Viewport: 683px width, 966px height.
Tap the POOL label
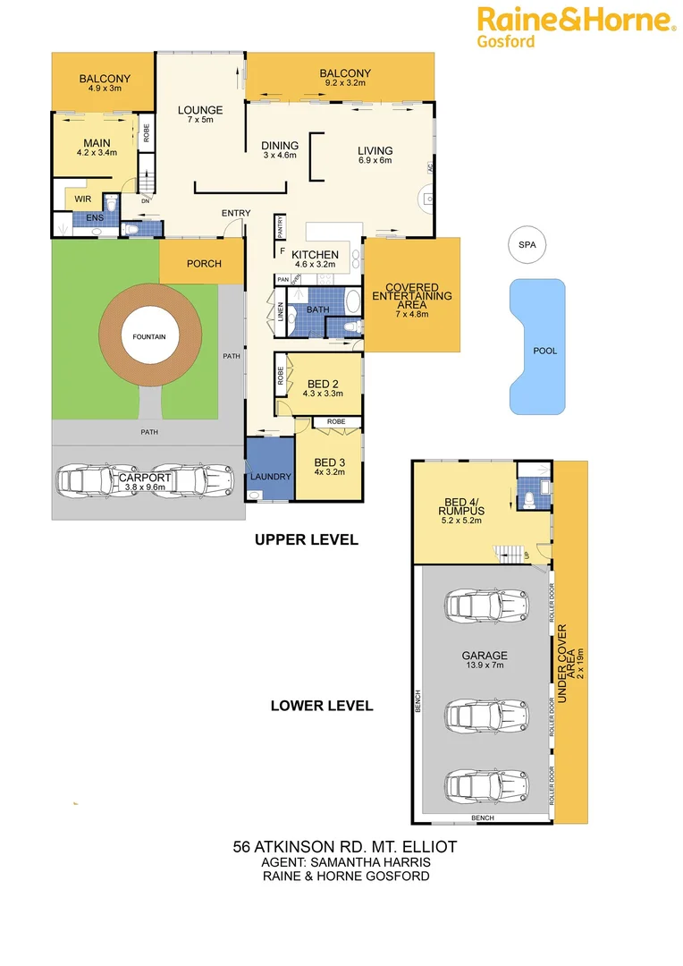tap(544, 351)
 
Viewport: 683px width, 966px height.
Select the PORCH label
tap(203, 264)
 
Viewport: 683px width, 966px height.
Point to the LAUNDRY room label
tap(269, 477)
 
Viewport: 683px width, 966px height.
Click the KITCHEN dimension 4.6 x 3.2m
tap(315, 266)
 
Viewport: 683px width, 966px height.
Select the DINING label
tap(280, 146)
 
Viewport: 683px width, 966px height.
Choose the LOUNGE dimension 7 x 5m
tap(199, 120)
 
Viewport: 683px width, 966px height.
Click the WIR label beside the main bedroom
tap(83, 199)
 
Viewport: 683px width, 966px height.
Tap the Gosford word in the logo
tap(505, 40)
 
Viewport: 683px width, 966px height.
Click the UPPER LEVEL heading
tap(306, 539)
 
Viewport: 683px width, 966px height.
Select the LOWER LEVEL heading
tap(322, 706)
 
